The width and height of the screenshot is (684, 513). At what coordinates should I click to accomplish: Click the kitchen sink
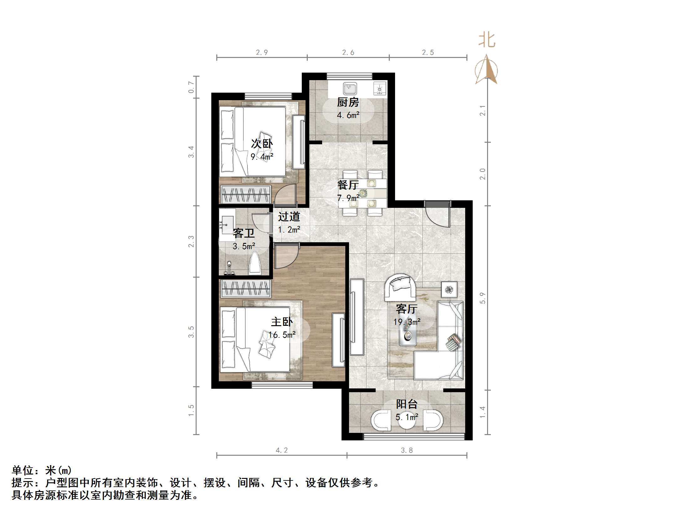350,89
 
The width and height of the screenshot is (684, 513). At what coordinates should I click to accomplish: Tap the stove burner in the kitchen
379,89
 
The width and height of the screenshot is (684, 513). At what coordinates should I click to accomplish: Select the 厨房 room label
348,102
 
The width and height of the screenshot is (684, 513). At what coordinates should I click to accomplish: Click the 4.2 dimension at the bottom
281,450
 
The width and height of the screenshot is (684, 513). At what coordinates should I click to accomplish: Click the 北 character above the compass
486,40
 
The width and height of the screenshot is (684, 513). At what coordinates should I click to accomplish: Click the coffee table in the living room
408,336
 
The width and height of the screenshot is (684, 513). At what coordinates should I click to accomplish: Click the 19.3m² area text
407,322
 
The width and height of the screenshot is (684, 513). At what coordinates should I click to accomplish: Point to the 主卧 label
282,322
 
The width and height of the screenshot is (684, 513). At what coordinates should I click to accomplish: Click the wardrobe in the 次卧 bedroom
245,194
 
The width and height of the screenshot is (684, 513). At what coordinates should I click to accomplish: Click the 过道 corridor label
289,217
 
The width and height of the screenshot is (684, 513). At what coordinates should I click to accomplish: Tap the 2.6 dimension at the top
348,53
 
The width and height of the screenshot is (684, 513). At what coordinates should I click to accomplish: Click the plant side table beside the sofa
449,290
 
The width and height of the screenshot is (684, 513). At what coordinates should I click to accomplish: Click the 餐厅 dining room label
348,185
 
